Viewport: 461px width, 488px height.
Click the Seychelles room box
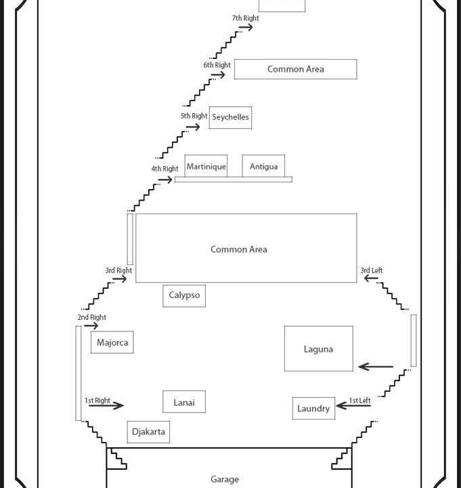pyautogui.click(x=230, y=117)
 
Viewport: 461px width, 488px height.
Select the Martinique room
pyautogui.click(x=206, y=166)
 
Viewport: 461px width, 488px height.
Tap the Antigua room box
pyautogui.click(x=263, y=166)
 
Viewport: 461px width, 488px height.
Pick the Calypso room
pyautogui.click(x=184, y=296)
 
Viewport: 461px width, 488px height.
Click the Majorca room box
pyautogui.click(x=112, y=342)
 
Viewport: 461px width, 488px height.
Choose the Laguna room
pyautogui.click(x=318, y=349)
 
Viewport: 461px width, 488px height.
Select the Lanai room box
pyautogui.click(x=184, y=402)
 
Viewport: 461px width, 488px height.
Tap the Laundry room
pyautogui.click(x=313, y=408)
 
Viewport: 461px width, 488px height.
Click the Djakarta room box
pyautogui.click(x=148, y=432)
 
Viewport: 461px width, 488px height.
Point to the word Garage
pyautogui.click(x=225, y=479)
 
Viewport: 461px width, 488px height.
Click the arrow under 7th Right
pyautogui.click(x=246, y=27)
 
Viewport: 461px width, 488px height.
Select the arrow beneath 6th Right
pyautogui.click(x=217, y=75)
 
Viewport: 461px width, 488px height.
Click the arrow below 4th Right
pyautogui.click(x=165, y=180)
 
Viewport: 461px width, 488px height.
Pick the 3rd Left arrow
pyautogui.click(x=371, y=279)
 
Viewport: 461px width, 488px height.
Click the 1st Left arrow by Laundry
pyautogui.click(x=353, y=405)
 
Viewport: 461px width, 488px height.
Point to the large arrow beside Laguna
pyautogui.click(x=376, y=367)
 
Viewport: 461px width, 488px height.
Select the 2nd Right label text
pyautogui.click(x=92, y=317)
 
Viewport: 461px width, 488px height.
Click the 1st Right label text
pyautogui.click(x=97, y=401)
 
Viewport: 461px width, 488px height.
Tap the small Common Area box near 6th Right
pyautogui.click(x=295, y=69)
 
